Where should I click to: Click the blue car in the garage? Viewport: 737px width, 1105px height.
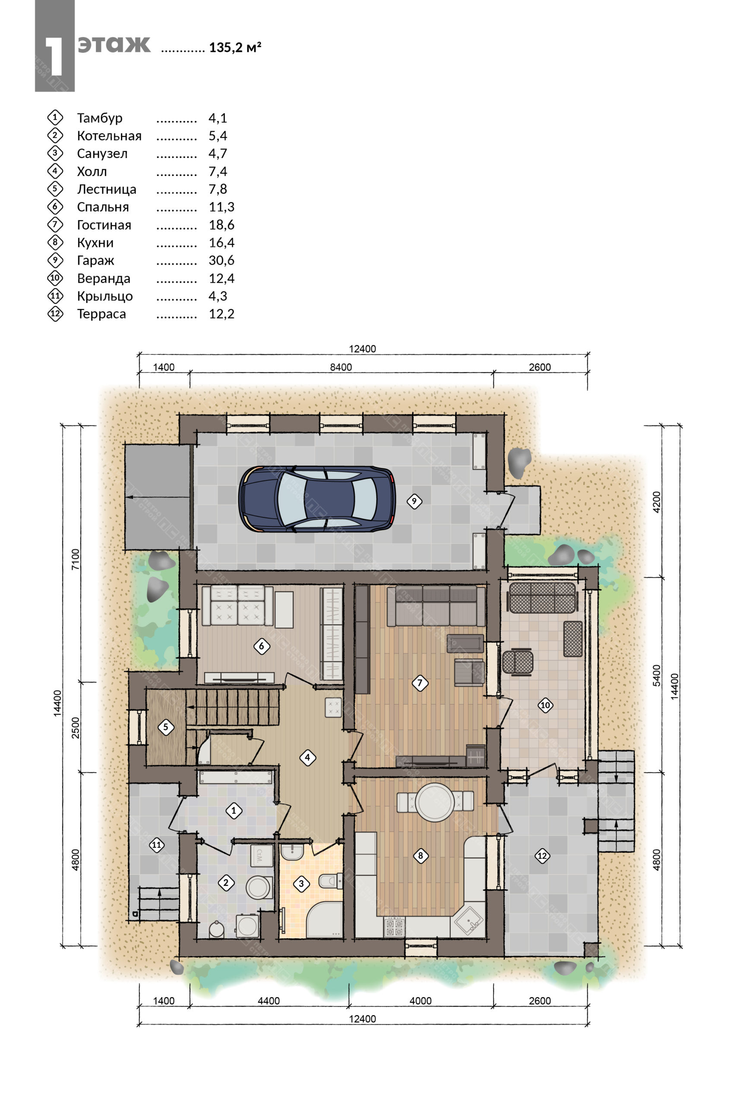(x=317, y=499)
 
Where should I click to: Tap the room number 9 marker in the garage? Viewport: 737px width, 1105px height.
(x=414, y=501)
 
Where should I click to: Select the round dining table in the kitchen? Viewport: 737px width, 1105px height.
(x=435, y=802)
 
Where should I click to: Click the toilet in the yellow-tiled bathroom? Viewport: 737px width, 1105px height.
(x=331, y=880)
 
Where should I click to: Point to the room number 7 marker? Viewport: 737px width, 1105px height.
(x=420, y=682)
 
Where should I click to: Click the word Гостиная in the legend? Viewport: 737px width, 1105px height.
(x=104, y=225)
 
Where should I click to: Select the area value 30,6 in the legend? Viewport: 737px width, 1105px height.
(x=221, y=260)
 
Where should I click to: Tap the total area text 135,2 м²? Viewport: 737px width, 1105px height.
(x=235, y=47)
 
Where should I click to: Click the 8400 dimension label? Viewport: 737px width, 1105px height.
(x=341, y=367)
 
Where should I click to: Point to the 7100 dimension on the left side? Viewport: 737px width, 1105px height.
(x=75, y=559)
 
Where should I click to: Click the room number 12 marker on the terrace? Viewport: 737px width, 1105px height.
(x=542, y=856)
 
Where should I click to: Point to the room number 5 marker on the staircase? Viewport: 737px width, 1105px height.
(x=165, y=727)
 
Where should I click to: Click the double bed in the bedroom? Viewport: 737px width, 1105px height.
(x=237, y=606)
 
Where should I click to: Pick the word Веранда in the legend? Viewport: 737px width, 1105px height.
(x=104, y=278)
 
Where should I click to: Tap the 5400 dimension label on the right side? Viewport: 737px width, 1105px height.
(x=657, y=676)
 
